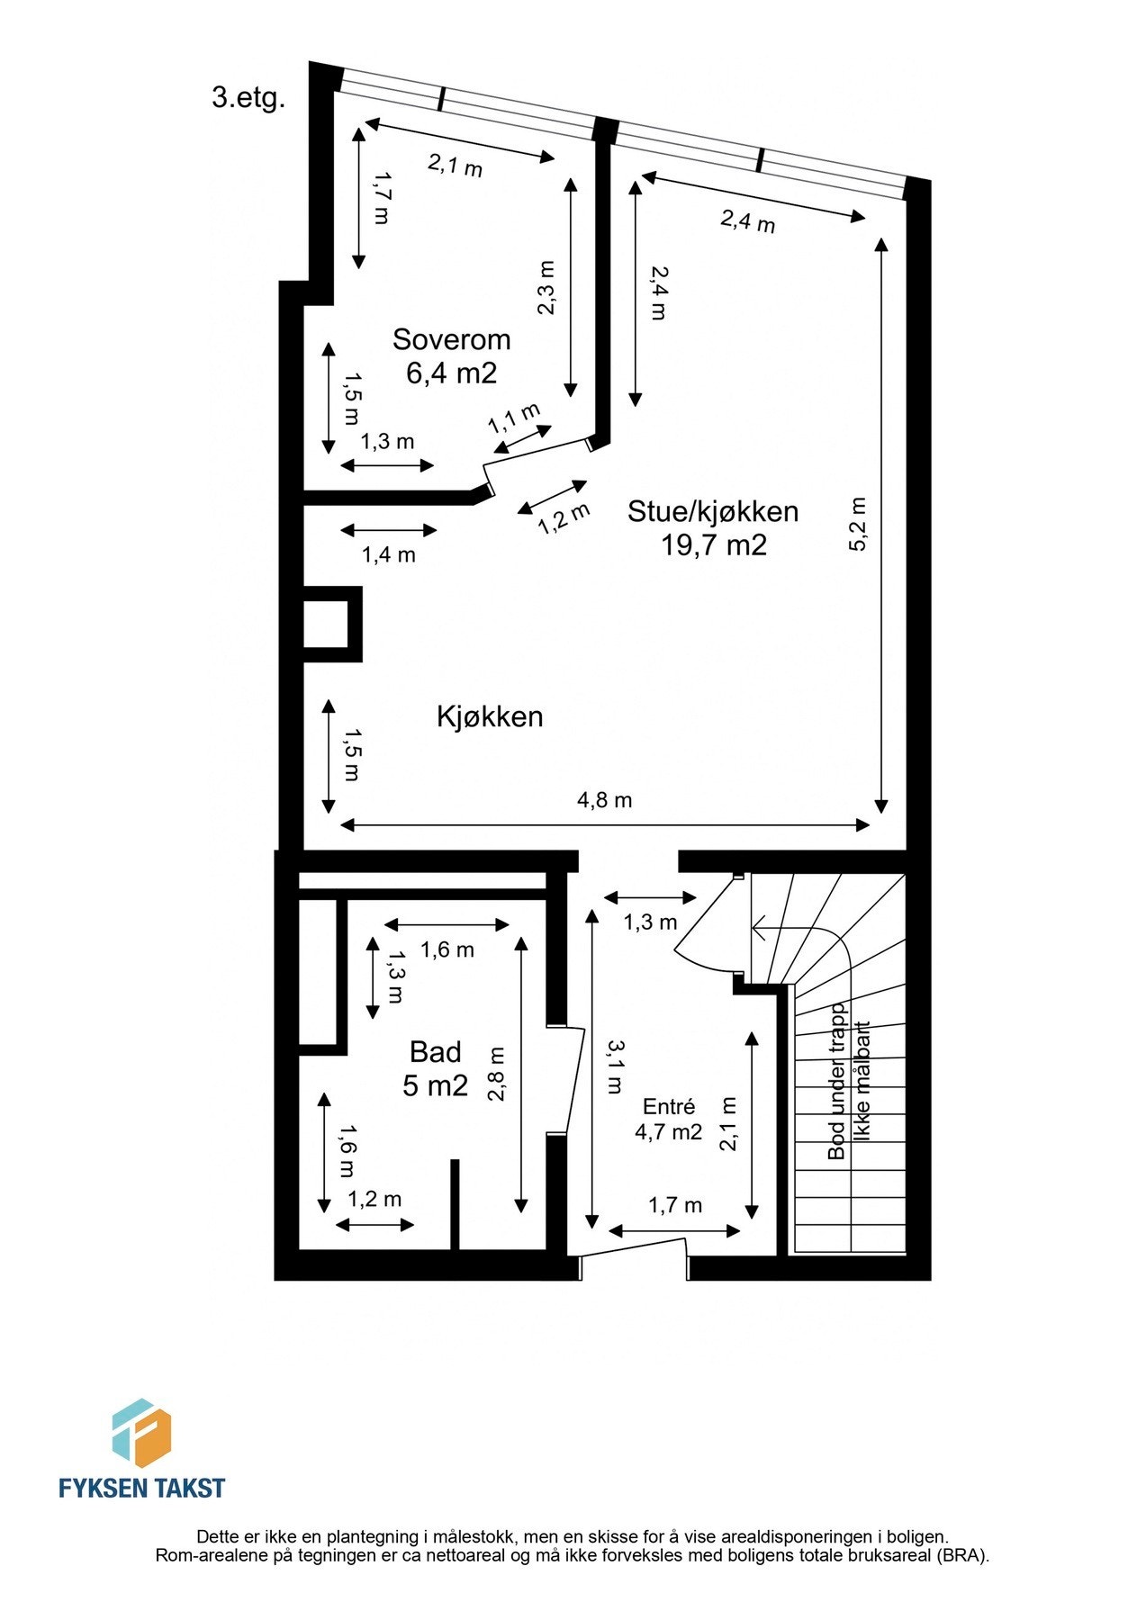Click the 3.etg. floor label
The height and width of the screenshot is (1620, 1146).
[x=248, y=97]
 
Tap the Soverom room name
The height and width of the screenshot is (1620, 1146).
[x=451, y=339]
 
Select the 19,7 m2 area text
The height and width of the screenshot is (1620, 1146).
[x=714, y=544]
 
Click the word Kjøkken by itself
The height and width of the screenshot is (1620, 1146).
[x=490, y=716]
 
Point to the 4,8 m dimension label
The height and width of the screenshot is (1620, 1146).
[x=604, y=799]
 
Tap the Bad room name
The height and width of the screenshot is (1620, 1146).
[x=435, y=1051]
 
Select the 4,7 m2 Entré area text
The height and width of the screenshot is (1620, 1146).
[x=668, y=1132]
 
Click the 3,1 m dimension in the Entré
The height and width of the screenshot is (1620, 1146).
[x=613, y=1066]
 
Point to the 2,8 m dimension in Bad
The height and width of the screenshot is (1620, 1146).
[x=496, y=1074]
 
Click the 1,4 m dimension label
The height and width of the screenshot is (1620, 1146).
[x=388, y=554]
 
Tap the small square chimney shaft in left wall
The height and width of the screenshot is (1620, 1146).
[x=325, y=624]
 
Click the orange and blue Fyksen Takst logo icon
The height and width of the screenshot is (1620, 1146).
[x=141, y=1432]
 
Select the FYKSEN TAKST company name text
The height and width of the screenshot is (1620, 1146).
[x=141, y=1488]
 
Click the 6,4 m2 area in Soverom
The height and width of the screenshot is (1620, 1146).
[x=451, y=373]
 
